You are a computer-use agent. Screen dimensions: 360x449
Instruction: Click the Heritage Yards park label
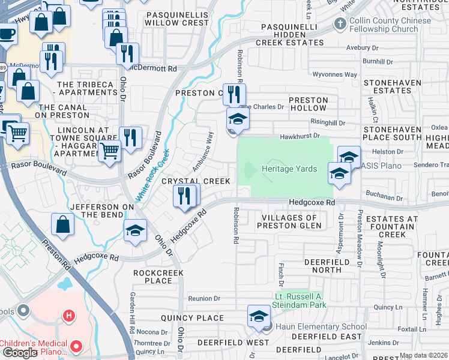tap(289, 169)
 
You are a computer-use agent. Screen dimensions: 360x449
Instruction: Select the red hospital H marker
tap(70, 316)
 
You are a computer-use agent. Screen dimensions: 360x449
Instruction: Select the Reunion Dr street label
tap(204, 298)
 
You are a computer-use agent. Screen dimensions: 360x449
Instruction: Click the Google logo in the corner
tap(20, 353)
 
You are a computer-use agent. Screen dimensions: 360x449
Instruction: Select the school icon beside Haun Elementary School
tap(259, 317)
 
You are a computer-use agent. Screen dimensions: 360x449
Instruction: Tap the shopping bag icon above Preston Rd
tap(63, 226)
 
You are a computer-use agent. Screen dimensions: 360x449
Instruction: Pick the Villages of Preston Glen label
tap(289, 222)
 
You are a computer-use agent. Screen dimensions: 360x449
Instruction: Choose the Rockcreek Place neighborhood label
tap(153, 277)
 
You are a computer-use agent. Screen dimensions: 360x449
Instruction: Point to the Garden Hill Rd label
tap(131, 312)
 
